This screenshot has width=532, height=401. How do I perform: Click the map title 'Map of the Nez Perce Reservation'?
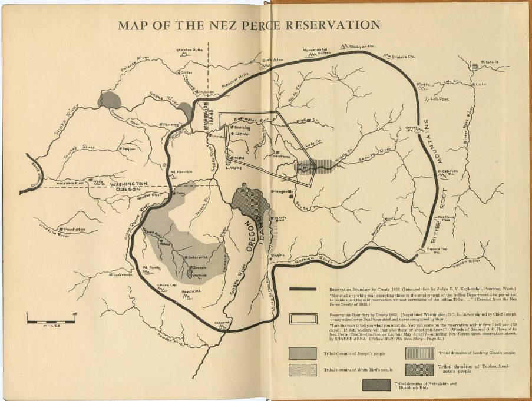pyautogui.click(x=249, y=25)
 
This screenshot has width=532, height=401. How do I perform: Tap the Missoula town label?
pyautogui.click(x=489, y=62)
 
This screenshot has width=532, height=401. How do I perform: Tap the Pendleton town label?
pyautogui.click(x=73, y=229)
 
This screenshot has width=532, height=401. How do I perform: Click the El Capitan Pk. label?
pyautogui.click(x=448, y=173)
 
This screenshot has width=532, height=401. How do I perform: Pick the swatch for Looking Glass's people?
pyautogui.click(x=420, y=353)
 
